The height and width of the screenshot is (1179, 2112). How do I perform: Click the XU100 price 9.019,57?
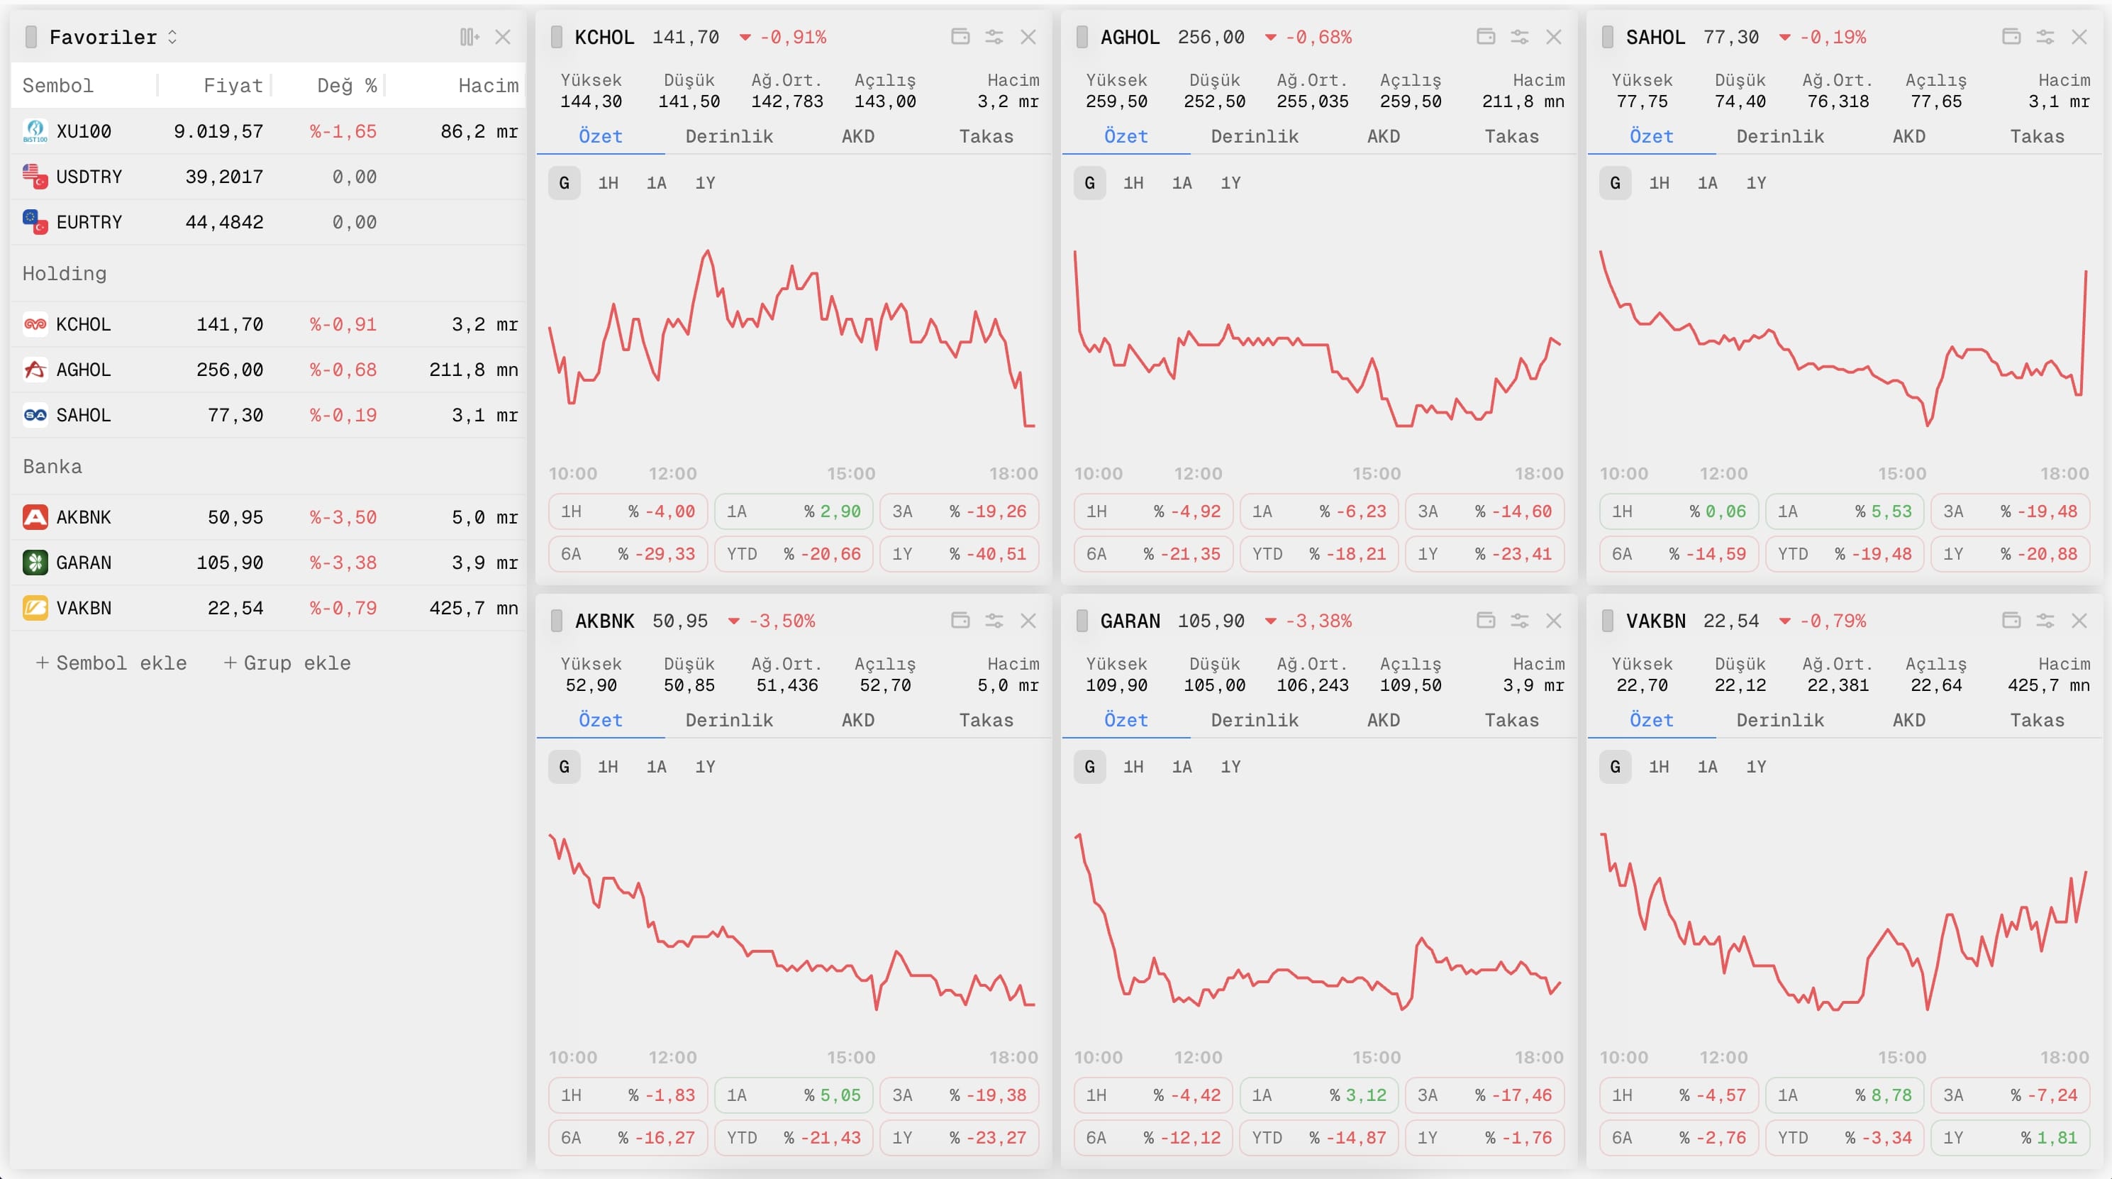click(x=218, y=131)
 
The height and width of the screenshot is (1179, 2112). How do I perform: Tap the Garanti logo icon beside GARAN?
click(x=35, y=563)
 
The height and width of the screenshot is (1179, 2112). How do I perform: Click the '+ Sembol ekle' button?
click(x=111, y=663)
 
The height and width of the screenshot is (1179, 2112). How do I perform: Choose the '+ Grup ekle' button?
click(x=288, y=663)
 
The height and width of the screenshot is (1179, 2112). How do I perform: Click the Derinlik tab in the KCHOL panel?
click(x=729, y=136)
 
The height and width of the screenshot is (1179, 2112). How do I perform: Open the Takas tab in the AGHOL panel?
click(x=1511, y=136)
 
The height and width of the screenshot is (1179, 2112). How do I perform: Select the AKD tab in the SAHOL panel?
click(x=1908, y=136)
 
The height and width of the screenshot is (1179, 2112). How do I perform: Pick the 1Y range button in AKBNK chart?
click(x=705, y=767)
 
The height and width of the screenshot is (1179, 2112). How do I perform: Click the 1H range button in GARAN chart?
click(x=1133, y=767)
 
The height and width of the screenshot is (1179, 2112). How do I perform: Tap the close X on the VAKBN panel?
click(x=2079, y=621)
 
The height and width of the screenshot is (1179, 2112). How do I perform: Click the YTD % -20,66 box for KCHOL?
click(x=794, y=554)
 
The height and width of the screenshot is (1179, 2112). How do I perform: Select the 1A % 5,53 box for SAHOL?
click(x=1844, y=511)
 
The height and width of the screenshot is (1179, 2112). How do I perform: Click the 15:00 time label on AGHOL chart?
click(x=1376, y=474)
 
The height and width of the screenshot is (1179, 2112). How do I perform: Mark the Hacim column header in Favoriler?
click(x=488, y=85)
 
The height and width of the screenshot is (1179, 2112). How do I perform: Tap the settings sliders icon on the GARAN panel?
click(x=1519, y=621)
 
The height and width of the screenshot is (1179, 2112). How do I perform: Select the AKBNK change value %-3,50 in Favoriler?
click(x=343, y=517)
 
